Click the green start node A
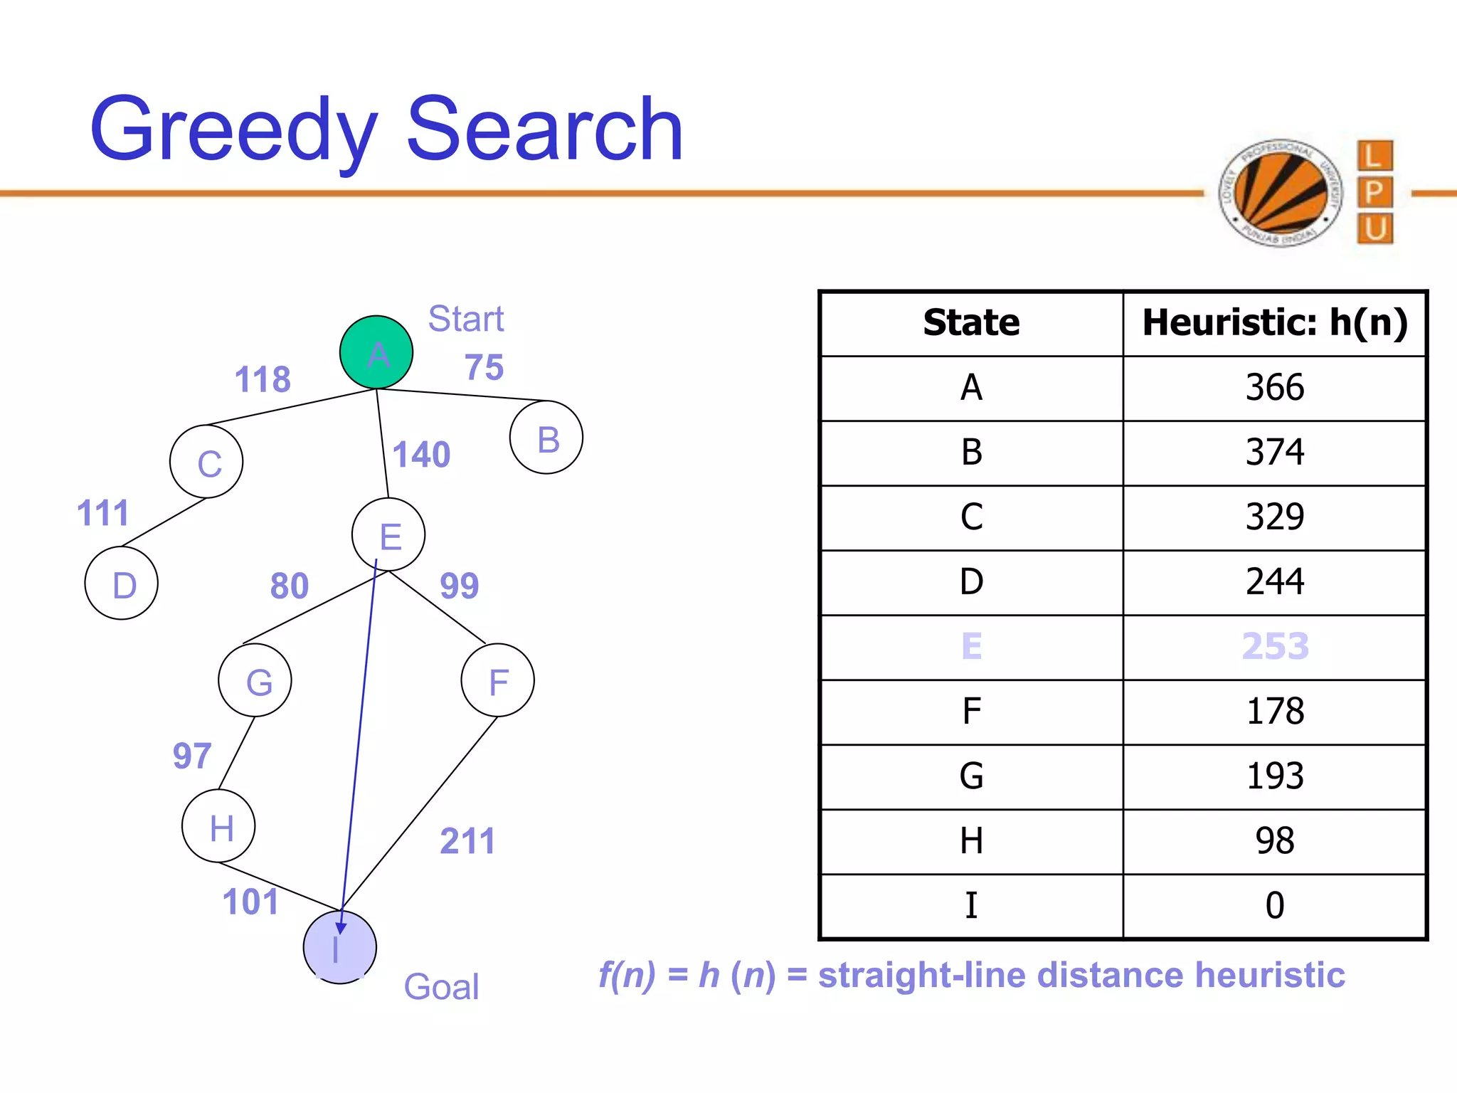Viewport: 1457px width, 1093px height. click(x=376, y=352)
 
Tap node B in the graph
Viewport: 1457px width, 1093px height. click(x=546, y=438)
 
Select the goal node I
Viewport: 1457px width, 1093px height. click(x=339, y=947)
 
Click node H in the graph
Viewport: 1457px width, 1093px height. click(x=218, y=826)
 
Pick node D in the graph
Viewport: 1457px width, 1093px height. click(x=122, y=583)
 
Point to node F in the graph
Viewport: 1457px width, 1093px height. click(x=497, y=680)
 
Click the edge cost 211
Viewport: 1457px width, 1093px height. click(x=467, y=841)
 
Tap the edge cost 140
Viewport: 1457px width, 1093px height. click(x=421, y=455)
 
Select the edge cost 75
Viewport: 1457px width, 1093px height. click(x=484, y=368)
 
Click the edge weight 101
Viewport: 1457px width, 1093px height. click(x=250, y=902)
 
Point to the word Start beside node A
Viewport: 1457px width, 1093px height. click(x=465, y=319)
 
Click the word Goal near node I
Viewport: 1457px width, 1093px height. click(x=441, y=987)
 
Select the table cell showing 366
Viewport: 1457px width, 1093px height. click(x=1274, y=388)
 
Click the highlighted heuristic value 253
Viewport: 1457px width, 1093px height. click(x=1274, y=647)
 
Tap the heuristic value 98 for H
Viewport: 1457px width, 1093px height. click(x=1274, y=841)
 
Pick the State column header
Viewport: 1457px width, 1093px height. click(x=971, y=323)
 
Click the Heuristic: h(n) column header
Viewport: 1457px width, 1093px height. click(x=1274, y=323)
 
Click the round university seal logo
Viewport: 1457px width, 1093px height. click(x=1281, y=193)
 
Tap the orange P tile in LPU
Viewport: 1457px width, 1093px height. click(x=1374, y=192)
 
